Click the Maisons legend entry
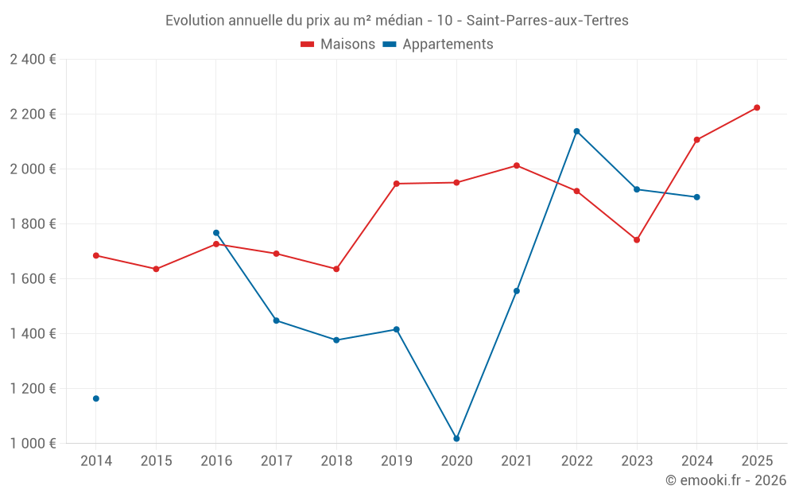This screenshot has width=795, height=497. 338,45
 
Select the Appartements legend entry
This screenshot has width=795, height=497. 438,45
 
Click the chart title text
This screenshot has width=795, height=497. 397,21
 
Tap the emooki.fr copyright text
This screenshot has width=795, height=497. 725,480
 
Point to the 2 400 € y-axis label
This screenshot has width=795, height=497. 33,60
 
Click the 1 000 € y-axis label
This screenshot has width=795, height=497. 33,444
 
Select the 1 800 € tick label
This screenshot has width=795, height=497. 33,224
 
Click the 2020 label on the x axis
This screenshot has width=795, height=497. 456,461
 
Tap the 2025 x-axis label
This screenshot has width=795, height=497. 757,461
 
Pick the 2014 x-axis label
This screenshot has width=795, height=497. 96,461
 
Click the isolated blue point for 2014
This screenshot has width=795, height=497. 96,398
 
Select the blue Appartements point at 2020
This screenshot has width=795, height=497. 456,439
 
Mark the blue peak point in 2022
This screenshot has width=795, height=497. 576,131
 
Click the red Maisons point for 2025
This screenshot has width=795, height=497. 757,107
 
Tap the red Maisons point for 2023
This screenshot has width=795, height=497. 637,239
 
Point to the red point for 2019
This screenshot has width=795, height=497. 397,184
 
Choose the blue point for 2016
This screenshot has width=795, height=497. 216,233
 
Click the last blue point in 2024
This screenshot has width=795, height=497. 697,197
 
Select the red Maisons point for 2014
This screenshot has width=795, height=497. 96,255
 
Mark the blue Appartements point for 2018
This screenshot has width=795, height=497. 336,340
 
